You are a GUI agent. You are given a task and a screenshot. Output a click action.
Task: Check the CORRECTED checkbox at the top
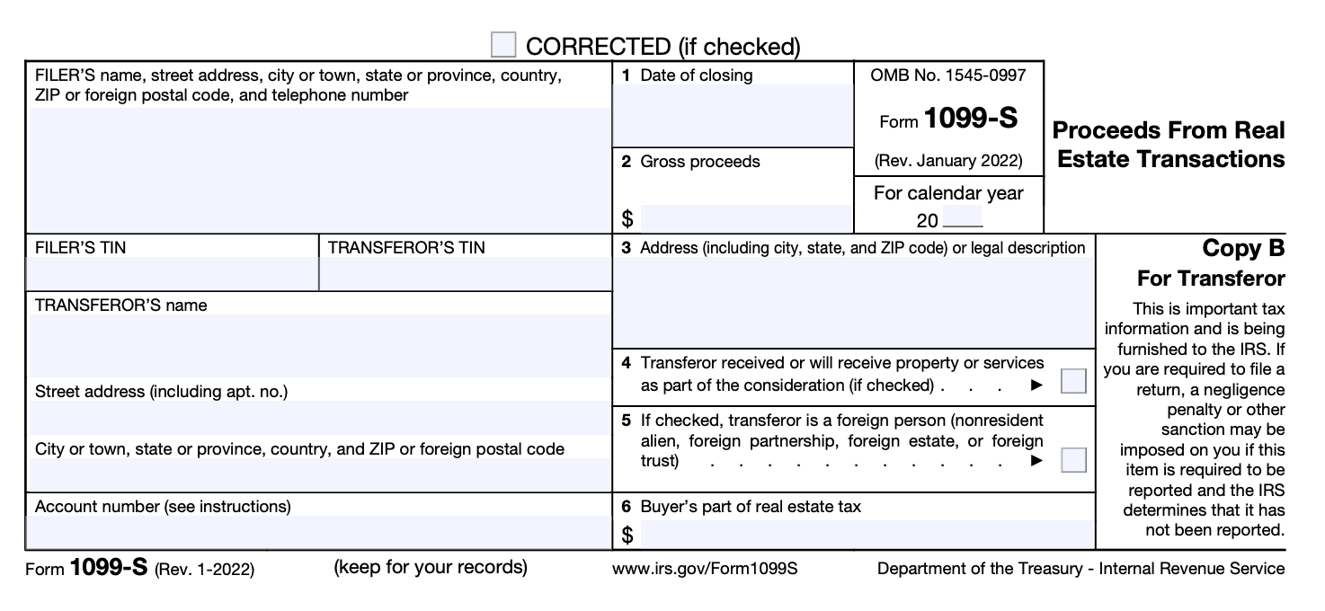click(503, 44)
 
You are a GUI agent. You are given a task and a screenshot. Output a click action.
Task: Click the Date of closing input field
click(732, 115)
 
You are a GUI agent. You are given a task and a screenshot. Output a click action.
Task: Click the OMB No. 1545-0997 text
click(947, 75)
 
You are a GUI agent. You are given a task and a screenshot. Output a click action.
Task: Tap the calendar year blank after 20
click(963, 219)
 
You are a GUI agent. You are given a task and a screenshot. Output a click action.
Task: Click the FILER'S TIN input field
click(172, 273)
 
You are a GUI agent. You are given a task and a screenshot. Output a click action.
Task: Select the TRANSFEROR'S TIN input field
click(465, 273)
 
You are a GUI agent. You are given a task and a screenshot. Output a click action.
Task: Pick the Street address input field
click(318, 417)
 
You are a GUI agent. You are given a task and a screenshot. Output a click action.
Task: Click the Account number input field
click(318, 532)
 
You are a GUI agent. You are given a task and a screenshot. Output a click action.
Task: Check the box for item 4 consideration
click(1073, 381)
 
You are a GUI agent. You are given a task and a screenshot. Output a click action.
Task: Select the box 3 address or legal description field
click(852, 302)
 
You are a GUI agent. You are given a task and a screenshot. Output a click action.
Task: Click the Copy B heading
click(1243, 249)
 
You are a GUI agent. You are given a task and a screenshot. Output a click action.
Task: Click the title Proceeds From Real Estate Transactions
click(1169, 145)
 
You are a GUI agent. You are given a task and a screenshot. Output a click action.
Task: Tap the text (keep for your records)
click(430, 567)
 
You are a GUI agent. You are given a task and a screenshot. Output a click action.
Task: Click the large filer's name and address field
click(318, 169)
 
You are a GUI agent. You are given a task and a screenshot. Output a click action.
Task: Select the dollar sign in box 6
click(627, 536)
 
